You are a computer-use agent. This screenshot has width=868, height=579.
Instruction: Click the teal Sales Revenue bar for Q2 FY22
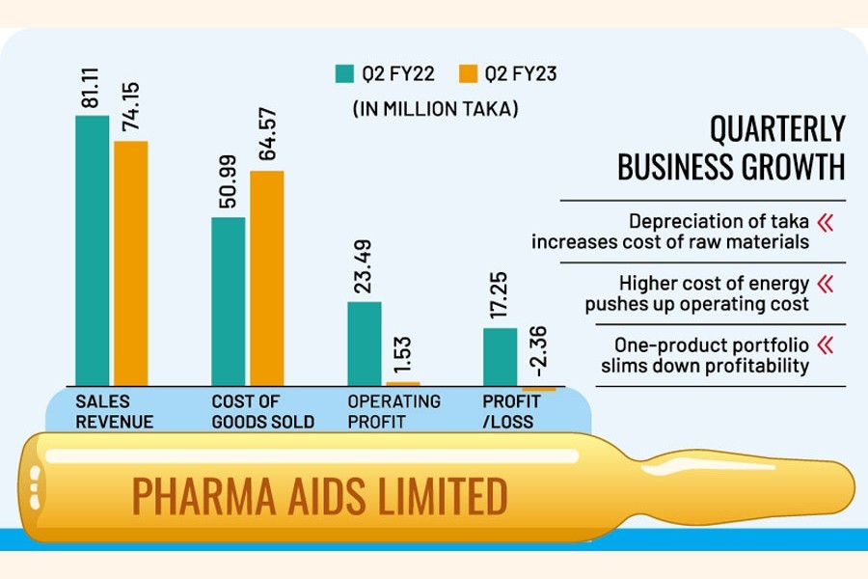(x=93, y=251)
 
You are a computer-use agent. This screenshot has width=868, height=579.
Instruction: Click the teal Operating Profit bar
(x=365, y=344)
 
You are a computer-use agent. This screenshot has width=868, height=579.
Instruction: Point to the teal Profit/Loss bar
(x=500, y=357)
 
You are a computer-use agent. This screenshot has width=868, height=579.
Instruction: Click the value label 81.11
(x=94, y=86)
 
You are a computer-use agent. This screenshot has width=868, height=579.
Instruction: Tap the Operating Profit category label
(x=393, y=410)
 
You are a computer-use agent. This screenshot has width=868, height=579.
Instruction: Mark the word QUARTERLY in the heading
(x=776, y=129)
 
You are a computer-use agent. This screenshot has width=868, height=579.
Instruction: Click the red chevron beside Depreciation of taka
(x=825, y=223)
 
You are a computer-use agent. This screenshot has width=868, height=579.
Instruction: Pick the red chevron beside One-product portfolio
(x=825, y=345)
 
